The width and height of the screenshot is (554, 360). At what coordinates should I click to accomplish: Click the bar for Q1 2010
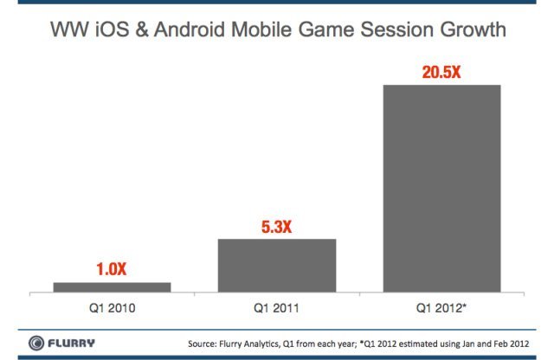click(x=112, y=286)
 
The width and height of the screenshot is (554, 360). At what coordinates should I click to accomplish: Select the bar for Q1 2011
click(x=275, y=266)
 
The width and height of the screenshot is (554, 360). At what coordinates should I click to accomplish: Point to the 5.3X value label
click(x=275, y=226)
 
